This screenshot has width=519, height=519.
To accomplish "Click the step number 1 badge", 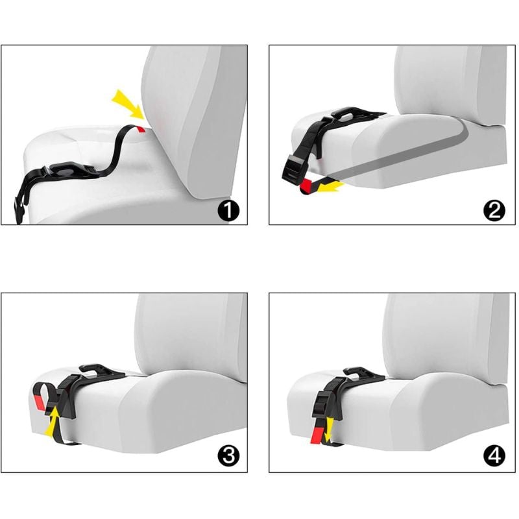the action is [x=228, y=210].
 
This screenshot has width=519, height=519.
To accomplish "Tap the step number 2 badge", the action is [x=494, y=210].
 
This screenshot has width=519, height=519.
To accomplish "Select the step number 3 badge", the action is [x=228, y=456].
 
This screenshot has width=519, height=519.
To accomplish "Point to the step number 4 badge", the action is [x=494, y=456].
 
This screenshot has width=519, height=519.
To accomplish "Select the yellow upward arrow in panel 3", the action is [x=52, y=421].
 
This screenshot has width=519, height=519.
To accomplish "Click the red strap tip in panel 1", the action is [x=141, y=129].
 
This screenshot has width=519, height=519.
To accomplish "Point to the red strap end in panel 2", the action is [x=309, y=186].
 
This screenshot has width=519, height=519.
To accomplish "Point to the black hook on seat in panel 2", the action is [x=356, y=114].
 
